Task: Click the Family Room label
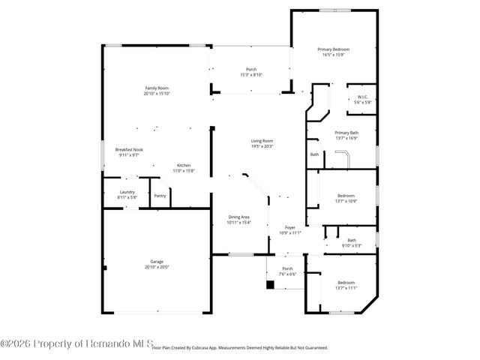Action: (x=157, y=88)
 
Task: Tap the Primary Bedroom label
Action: (x=336, y=49)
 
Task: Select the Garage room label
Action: (x=157, y=262)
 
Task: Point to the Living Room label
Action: (x=262, y=141)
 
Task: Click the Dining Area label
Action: (x=239, y=217)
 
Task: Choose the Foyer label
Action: (x=289, y=227)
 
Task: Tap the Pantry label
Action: (x=160, y=196)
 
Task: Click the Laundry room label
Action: (x=127, y=192)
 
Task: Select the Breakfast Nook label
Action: (x=129, y=149)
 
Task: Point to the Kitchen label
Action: (x=184, y=165)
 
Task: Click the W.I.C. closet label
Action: (x=362, y=97)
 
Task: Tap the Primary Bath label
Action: (x=346, y=133)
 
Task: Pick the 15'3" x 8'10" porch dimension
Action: (x=251, y=75)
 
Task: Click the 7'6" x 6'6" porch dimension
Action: (x=287, y=274)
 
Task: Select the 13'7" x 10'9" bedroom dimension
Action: (x=346, y=201)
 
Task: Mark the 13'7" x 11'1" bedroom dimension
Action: (x=346, y=288)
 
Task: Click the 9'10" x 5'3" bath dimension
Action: (x=352, y=245)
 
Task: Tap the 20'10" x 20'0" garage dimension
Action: (x=157, y=267)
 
